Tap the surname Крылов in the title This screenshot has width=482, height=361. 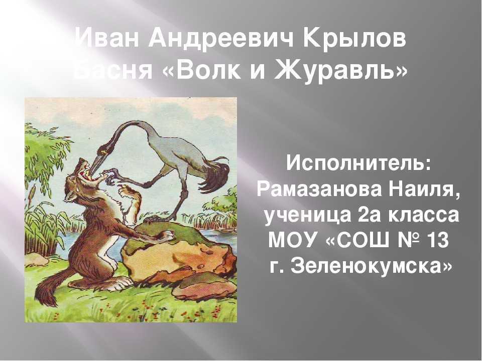tap(354, 39)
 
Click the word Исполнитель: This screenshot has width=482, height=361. tap(358, 163)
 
